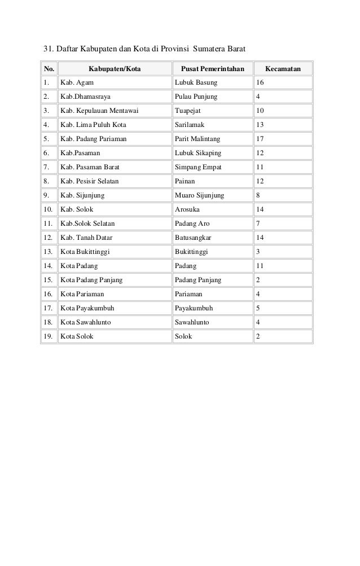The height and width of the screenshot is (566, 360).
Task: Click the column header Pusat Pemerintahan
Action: coord(212,69)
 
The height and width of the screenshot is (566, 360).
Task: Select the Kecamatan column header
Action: coord(282,69)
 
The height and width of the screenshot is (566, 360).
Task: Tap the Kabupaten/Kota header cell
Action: coord(115,69)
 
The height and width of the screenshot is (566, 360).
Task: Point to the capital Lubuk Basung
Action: coord(196,84)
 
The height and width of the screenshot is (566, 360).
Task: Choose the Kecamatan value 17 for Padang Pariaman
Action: coord(260,139)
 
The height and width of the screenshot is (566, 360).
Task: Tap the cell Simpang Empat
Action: coord(198,167)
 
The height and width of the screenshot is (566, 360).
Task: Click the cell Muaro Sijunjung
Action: coord(200,195)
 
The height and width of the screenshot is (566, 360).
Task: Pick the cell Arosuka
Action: coord(188,209)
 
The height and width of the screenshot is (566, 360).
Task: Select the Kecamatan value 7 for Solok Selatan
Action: coord(258,223)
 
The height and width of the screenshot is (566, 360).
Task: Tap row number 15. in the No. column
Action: coord(49,280)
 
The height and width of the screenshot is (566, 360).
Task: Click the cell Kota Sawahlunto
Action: coord(86,322)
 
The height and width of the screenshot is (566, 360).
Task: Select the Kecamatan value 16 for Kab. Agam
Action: coord(260,84)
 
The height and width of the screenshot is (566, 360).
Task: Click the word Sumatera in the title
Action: coord(209,46)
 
